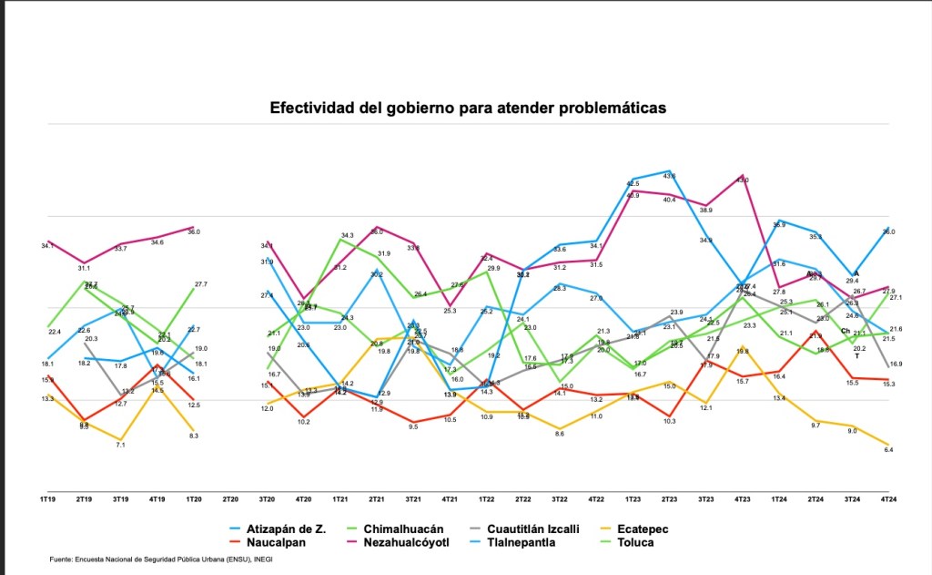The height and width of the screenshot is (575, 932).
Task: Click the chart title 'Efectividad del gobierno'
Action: (468, 108)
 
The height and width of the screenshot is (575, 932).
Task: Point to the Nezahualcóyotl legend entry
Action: (419, 542)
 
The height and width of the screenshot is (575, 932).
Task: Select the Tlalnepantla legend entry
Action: (533, 542)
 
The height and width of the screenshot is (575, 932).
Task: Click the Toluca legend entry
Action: (634, 542)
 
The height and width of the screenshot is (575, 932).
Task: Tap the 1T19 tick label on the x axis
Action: (46, 499)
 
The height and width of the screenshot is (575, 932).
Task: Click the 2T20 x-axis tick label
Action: (230, 499)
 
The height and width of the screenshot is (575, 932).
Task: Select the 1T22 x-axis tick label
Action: (487, 499)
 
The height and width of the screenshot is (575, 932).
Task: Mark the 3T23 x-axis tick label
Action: (706, 499)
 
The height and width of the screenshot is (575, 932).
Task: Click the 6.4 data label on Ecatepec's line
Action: (888, 450)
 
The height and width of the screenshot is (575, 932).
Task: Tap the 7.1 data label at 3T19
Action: (120, 444)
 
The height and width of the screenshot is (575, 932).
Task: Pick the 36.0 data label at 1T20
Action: (193, 232)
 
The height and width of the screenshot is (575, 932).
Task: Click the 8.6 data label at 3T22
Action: (560, 434)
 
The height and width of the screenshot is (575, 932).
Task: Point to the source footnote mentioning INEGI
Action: (161, 559)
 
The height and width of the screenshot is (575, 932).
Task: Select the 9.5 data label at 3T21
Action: (413, 426)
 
